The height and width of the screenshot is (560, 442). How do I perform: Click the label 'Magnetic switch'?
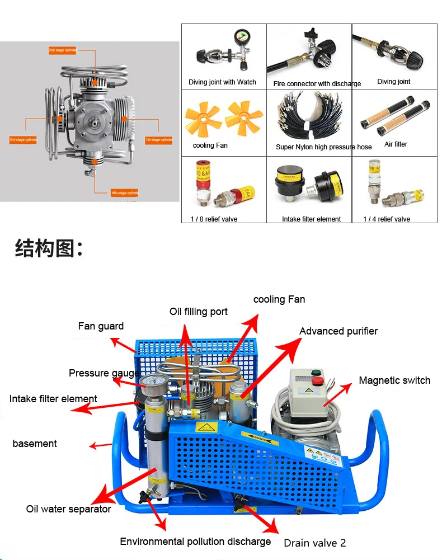click(x=394, y=380)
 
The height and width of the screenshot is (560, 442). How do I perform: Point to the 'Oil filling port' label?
click(x=199, y=312)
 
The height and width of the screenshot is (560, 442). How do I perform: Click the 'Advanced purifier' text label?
click(x=338, y=331)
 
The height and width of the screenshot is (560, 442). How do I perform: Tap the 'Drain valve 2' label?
click(x=314, y=543)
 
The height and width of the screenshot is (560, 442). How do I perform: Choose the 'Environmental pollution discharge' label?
click(x=195, y=542)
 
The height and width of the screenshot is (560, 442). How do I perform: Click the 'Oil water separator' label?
click(x=68, y=509)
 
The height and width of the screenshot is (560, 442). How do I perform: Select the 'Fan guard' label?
click(x=101, y=326)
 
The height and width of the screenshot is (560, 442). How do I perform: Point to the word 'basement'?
click(x=35, y=444)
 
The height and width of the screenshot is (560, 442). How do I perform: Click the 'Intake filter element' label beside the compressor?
click(x=53, y=399)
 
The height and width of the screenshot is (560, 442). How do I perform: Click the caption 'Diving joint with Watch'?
click(x=222, y=82)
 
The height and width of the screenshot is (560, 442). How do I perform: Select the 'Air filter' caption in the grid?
click(x=396, y=144)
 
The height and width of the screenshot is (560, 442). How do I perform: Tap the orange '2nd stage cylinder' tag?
click(x=62, y=50)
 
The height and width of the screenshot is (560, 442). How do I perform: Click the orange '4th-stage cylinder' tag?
click(x=124, y=193)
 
